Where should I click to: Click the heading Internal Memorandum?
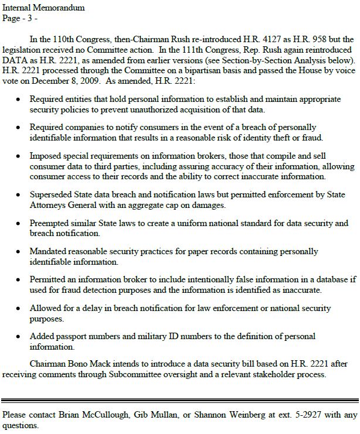coord(43,8)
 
